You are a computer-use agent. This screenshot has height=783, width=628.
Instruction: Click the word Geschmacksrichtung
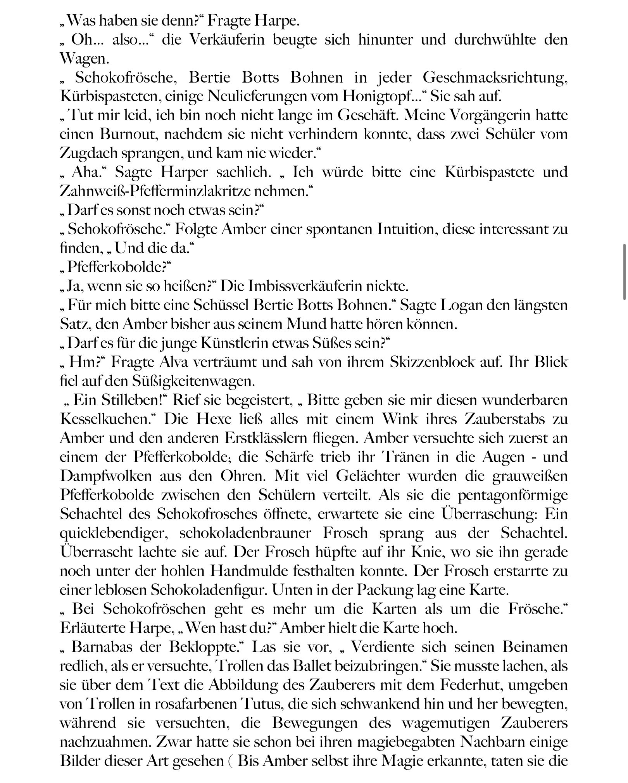(x=495, y=78)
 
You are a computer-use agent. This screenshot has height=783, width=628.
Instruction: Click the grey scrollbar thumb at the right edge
(x=624, y=271)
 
